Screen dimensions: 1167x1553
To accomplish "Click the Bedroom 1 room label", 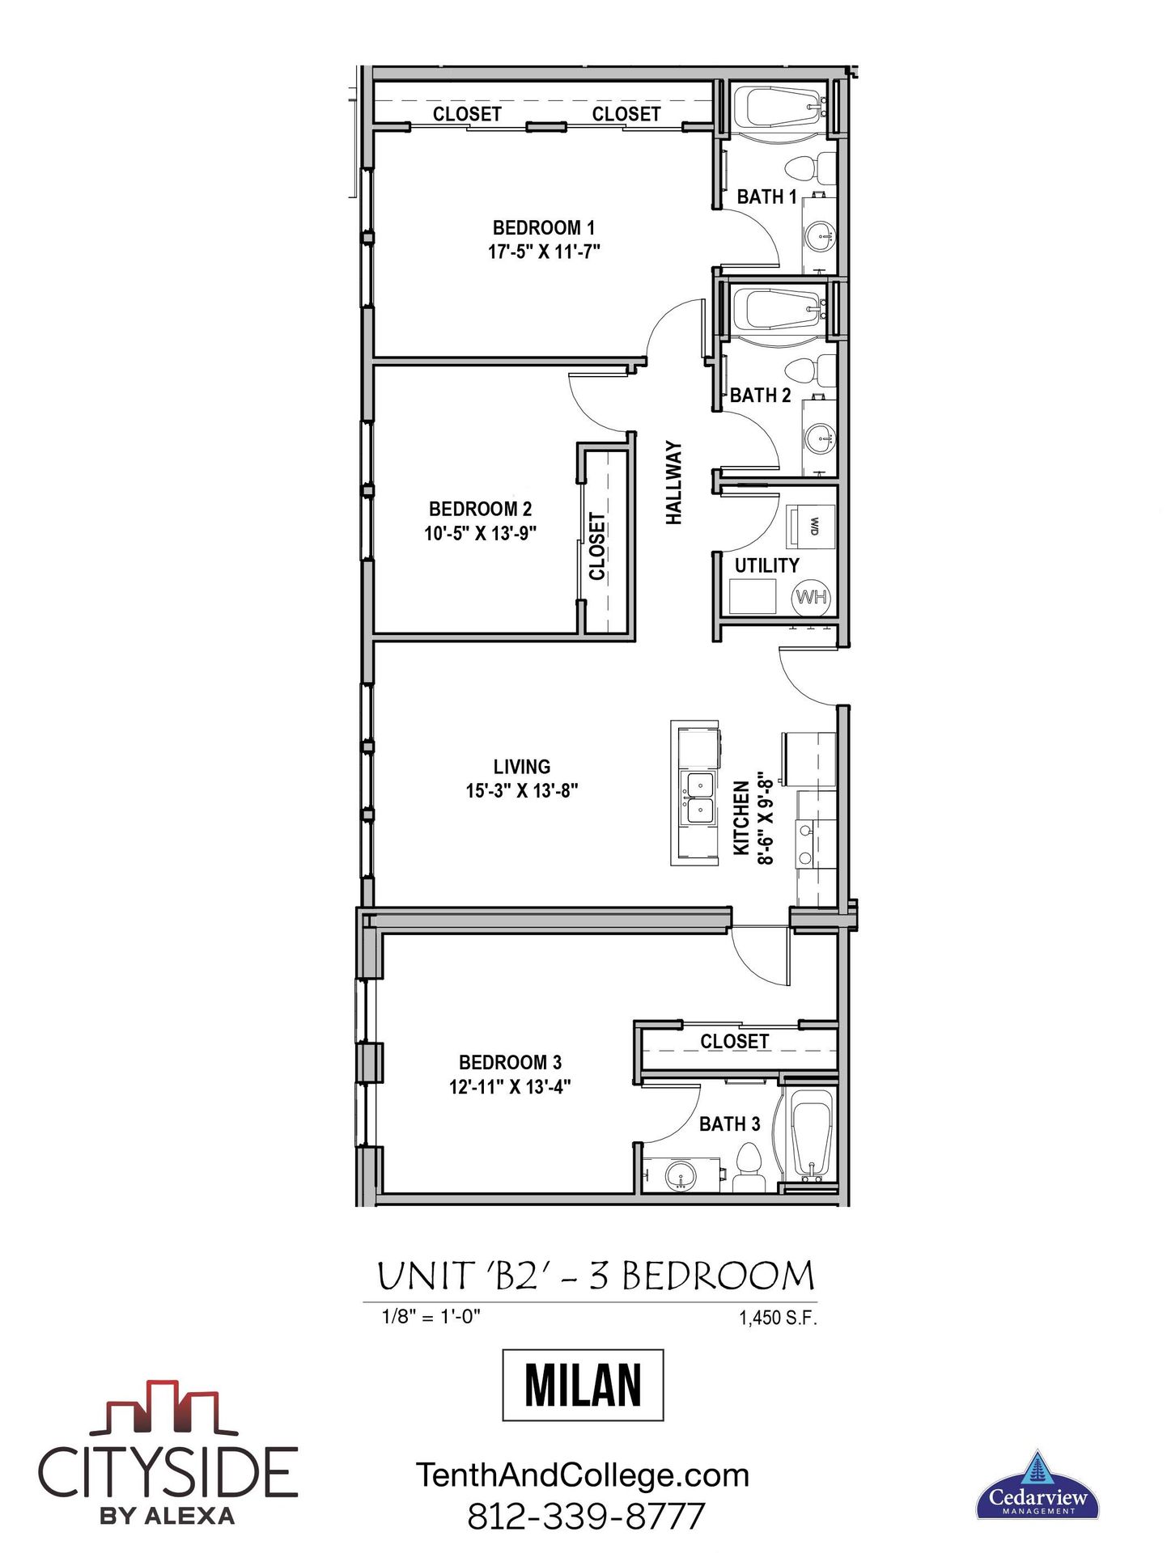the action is point(544,227).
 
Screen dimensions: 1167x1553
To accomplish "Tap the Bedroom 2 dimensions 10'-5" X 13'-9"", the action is point(481,533).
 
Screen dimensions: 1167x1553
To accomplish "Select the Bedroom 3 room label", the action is point(510,1062).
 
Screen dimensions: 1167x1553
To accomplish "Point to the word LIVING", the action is point(522,766).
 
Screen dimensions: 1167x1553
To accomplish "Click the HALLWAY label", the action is point(674,483).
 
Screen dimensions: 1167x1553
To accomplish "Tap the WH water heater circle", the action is point(811,597).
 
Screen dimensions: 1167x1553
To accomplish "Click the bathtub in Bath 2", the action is point(779,309).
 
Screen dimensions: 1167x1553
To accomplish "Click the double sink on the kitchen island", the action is point(697,798).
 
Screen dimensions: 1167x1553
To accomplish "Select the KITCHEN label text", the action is point(741,818).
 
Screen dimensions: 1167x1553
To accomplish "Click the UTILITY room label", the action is point(766,565).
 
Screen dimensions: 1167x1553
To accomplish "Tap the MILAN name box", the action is point(583,1385).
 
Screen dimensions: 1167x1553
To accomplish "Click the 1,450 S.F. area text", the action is point(778,1318).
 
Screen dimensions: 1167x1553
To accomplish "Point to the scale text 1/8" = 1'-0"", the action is point(431,1316).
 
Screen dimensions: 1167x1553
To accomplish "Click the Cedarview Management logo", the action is point(1037,1485).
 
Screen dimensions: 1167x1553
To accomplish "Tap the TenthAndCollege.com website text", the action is point(583,1475).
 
